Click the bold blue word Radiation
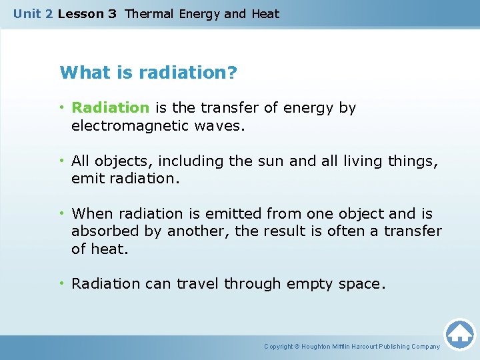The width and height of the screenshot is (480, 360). (x=111, y=108)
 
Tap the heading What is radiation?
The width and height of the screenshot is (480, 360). (x=148, y=72)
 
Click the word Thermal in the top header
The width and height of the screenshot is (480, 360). (x=150, y=14)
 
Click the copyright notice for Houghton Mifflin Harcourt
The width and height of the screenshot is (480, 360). (x=352, y=347)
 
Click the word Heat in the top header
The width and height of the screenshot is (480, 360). (x=265, y=14)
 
